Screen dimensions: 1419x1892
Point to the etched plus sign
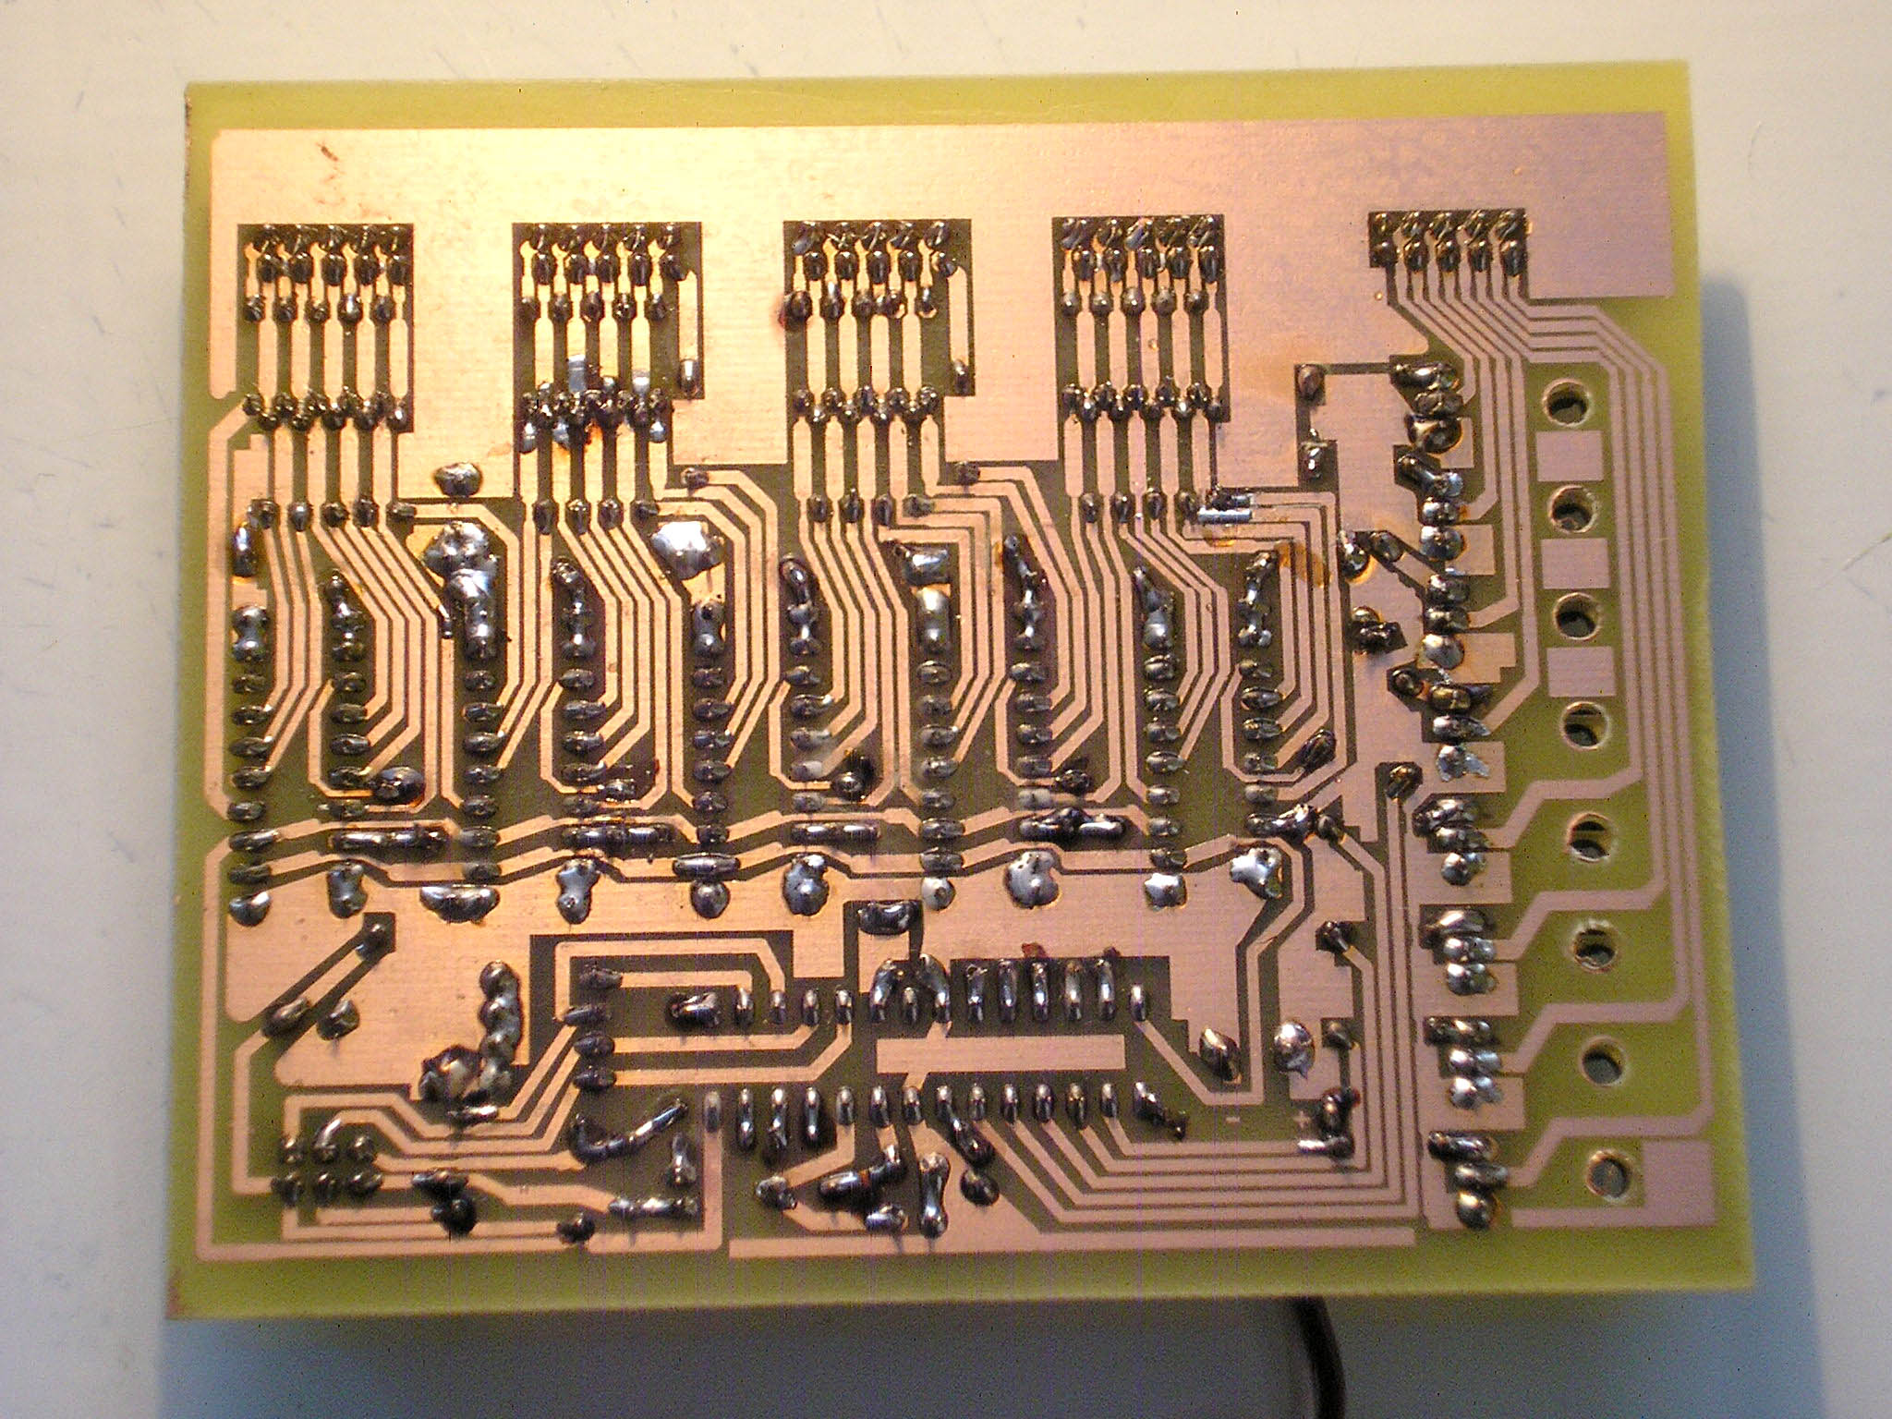(x=1303, y=1122)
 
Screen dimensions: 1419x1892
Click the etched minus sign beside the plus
(x=1231, y=1122)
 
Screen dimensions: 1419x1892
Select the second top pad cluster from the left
(x=600, y=268)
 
